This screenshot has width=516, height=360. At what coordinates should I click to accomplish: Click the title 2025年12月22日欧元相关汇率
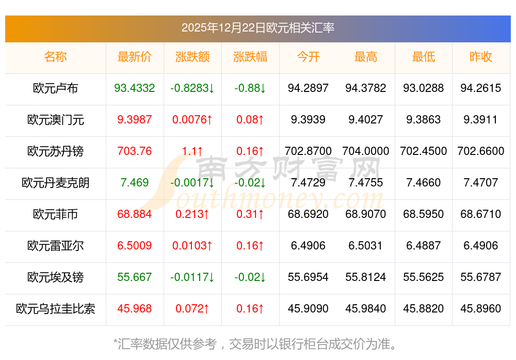coord(258,27)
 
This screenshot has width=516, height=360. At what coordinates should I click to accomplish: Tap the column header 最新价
coord(135,57)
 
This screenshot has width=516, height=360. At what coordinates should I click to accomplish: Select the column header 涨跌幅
coord(250,57)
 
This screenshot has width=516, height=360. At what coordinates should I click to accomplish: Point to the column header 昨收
coord(481,57)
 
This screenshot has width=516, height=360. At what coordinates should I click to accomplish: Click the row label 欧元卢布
coord(55,88)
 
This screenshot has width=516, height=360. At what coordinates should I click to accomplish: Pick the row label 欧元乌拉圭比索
coord(55,309)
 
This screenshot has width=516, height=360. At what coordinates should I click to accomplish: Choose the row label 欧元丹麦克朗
coord(55,183)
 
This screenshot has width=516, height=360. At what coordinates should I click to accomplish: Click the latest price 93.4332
coord(135,88)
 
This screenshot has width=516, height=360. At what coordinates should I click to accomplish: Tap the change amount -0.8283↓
coord(192,88)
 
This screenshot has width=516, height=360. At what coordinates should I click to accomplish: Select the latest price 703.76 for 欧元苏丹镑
coord(135,151)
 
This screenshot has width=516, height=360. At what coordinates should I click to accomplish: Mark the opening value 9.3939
coord(308,120)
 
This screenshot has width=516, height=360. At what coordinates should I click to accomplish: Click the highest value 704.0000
coord(366,151)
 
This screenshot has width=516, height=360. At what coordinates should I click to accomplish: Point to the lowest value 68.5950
coord(424,214)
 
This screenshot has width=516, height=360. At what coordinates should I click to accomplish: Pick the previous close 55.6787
coord(481,277)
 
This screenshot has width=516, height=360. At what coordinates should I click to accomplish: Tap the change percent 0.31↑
coord(250,214)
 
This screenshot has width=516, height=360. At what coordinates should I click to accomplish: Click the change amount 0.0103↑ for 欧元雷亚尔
coord(192,246)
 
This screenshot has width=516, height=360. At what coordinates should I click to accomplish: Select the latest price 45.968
coord(135,309)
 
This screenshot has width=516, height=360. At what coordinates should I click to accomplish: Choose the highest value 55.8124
coord(366,277)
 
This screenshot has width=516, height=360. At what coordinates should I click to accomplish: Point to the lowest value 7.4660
coord(424,183)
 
